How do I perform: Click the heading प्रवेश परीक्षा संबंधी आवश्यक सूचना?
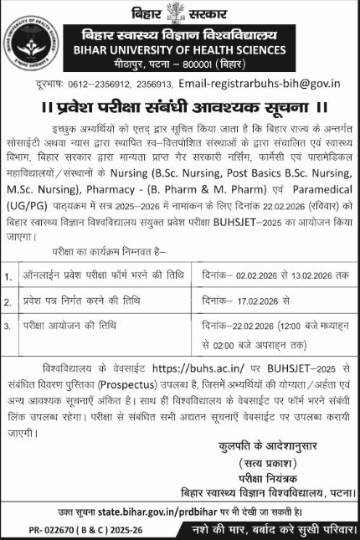180,108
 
